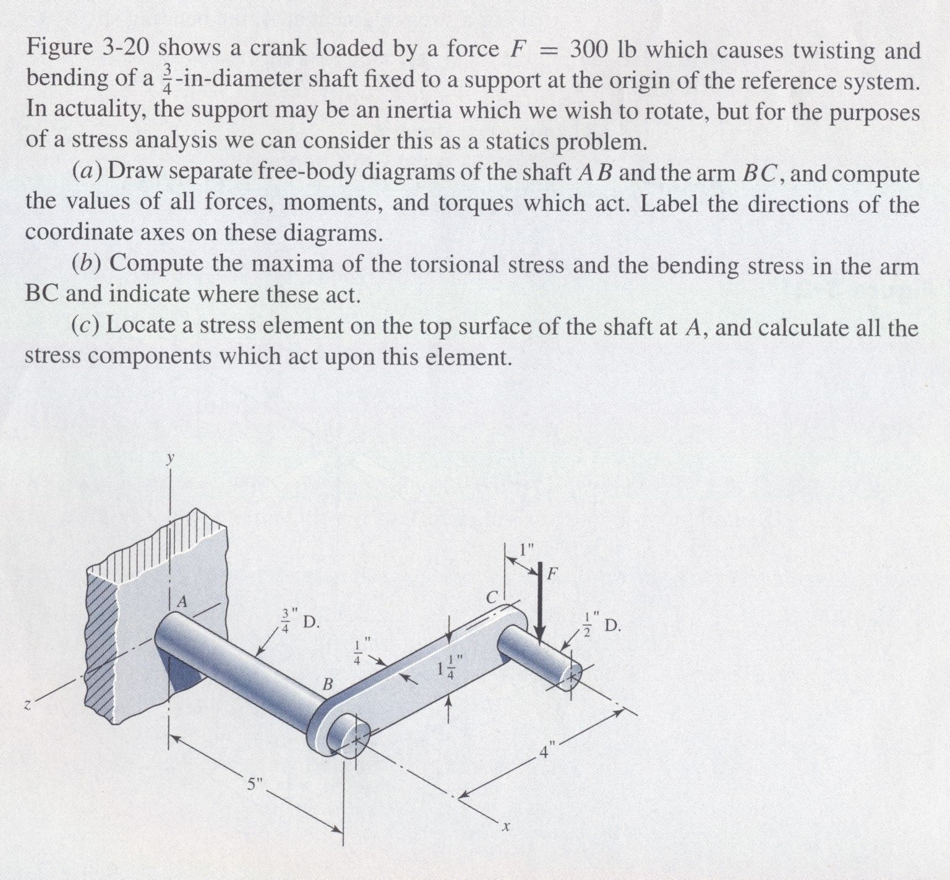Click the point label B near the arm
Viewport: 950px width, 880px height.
click(x=328, y=684)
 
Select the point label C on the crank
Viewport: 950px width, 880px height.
click(x=492, y=598)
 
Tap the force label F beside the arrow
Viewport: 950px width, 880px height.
click(x=552, y=574)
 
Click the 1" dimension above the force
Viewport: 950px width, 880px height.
click(x=526, y=550)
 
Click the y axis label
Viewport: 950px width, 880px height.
click(x=169, y=459)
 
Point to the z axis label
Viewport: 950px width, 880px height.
click(x=28, y=704)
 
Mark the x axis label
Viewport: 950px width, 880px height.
click(x=505, y=826)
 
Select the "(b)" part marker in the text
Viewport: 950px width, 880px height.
click(x=87, y=264)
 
